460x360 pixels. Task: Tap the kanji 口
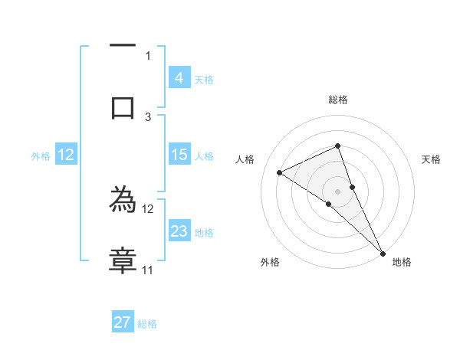tap(123, 107)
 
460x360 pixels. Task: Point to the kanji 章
tap(123, 261)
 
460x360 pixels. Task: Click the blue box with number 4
tap(179, 78)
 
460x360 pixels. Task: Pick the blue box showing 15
tap(179, 155)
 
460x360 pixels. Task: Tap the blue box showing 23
tap(179, 231)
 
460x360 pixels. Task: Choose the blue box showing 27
tap(123, 322)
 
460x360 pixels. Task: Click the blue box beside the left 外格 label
tap(66, 155)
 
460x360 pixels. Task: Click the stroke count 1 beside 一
tap(148, 55)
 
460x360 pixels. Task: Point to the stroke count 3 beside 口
tap(148, 116)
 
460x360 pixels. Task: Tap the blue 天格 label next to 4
tap(204, 80)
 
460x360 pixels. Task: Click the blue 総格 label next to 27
tap(147, 324)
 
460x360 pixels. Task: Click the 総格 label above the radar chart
tap(337, 100)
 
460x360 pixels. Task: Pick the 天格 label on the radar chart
tap(431, 159)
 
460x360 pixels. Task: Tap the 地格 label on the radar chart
tap(402, 262)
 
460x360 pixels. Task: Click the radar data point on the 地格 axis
tap(383, 253)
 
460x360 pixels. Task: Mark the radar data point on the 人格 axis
tap(280, 172)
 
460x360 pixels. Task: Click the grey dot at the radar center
tap(337, 191)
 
